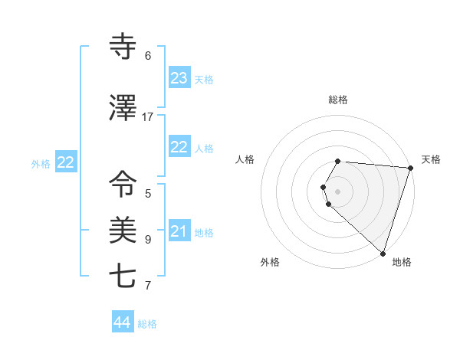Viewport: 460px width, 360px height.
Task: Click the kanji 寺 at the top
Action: pyautogui.click(x=123, y=47)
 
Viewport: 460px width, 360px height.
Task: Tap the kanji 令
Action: pyautogui.click(x=123, y=185)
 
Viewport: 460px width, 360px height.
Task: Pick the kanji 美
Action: pyautogui.click(x=123, y=229)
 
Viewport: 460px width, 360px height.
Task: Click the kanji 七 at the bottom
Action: pyautogui.click(x=123, y=275)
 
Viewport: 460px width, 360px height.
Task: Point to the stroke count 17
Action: pyautogui.click(x=148, y=117)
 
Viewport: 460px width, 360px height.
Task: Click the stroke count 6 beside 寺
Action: pyautogui.click(x=148, y=56)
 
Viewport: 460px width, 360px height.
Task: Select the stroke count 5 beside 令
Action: pyautogui.click(x=148, y=194)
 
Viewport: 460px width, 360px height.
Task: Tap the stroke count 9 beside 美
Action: pyautogui.click(x=148, y=239)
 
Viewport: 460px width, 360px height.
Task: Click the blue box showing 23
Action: pyautogui.click(x=179, y=78)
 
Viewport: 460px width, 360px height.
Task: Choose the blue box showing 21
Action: pyautogui.click(x=179, y=231)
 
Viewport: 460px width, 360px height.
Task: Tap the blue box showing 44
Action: pyautogui.click(x=123, y=322)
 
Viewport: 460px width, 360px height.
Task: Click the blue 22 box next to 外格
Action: pyautogui.click(x=65, y=162)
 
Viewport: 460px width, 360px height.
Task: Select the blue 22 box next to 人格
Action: pyautogui.click(x=179, y=147)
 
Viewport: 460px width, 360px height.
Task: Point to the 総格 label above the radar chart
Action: pyautogui.click(x=338, y=100)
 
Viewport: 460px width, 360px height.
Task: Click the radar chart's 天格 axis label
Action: pyautogui.click(x=431, y=159)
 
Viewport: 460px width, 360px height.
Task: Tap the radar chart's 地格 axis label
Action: pyautogui.click(x=402, y=262)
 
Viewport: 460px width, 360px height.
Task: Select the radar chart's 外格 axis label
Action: pyautogui.click(x=270, y=262)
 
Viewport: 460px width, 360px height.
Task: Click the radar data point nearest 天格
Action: pyautogui.click(x=410, y=168)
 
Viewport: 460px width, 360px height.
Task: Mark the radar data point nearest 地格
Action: pyautogui.click(x=383, y=253)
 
